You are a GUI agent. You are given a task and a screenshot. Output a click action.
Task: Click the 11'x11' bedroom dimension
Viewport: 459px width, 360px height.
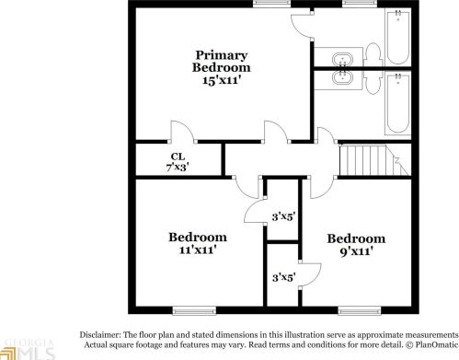pyautogui.click(x=198, y=249)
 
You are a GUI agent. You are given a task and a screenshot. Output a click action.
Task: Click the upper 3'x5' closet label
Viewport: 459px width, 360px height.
pyautogui.click(x=281, y=217)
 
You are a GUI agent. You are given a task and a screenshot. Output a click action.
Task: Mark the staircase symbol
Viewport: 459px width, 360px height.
pyautogui.click(x=367, y=161)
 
